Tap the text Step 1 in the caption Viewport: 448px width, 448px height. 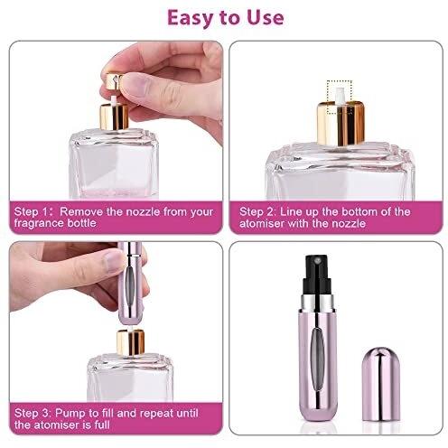click(x=31, y=211)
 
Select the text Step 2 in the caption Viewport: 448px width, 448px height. click(x=257, y=211)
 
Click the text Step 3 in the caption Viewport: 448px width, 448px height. click(x=33, y=413)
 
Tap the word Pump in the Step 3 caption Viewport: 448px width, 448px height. click(x=68, y=413)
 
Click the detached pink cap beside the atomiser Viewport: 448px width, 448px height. click(x=381, y=384)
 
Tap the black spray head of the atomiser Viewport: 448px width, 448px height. click(x=318, y=275)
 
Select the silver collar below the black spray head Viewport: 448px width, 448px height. click(x=318, y=303)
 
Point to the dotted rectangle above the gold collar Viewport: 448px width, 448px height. click(x=340, y=98)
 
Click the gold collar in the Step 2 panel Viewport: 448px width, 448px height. click(x=341, y=124)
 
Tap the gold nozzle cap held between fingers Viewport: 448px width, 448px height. click(x=114, y=81)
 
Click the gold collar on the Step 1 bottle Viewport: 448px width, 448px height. click(x=114, y=117)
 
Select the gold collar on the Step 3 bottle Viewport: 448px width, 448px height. click(x=130, y=342)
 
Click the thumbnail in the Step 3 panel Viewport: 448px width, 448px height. click(x=113, y=262)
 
